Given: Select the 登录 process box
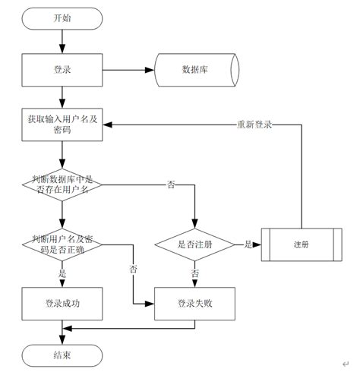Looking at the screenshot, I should pyautogui.click(x=62, y=69).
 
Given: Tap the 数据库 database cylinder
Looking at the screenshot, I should pyautogui.click(x=195, y=69).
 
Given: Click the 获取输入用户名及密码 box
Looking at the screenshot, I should pyautogui.click(x=62, y=124).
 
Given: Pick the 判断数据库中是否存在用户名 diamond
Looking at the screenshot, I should pyautogui.click(x=62, y=184).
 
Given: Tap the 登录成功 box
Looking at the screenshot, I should pyautogui.click(x=62, y=303).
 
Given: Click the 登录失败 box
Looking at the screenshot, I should pyautogui.click(x=195, y=303).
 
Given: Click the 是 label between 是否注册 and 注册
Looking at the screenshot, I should pyautogui.click(x=248, y=244).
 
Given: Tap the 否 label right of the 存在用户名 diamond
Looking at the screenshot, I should pyautogui.click(x=171, y=184).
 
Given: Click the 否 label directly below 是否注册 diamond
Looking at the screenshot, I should pyautogui.click(x=195, y=273).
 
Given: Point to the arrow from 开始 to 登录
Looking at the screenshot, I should pyautogui.click(x=62, y=39).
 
